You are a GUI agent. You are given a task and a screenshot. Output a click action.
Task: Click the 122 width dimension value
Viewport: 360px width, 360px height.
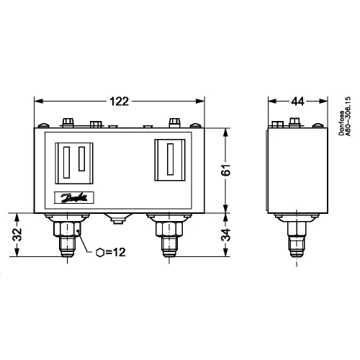pyautogui.click(x=120, y=102)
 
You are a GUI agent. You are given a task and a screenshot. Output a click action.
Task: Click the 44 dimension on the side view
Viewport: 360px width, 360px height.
pyautogui.click(x=297, y=102)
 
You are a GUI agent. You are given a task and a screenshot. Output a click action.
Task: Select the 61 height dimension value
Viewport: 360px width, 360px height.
pyautogui.click(x=226, y=170)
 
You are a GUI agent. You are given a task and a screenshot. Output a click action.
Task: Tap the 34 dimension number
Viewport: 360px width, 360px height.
pyautogui.click(x=226, y=235)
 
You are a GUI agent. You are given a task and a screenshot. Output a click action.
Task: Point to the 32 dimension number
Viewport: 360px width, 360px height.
pyautogui.click(x=17, y=235)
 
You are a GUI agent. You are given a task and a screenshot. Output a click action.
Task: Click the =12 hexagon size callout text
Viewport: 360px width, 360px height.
pyautogui.click(x=115, y=252)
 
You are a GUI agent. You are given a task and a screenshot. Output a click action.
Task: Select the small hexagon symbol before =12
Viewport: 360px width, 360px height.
pyautogui.click(x=100, y=253)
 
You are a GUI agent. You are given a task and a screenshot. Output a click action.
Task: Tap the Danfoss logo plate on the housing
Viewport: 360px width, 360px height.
pyautogui.click(x=74, y=198)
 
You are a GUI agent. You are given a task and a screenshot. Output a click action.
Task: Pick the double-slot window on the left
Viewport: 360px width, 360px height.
pyautogui.click(x=74, y=163)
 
